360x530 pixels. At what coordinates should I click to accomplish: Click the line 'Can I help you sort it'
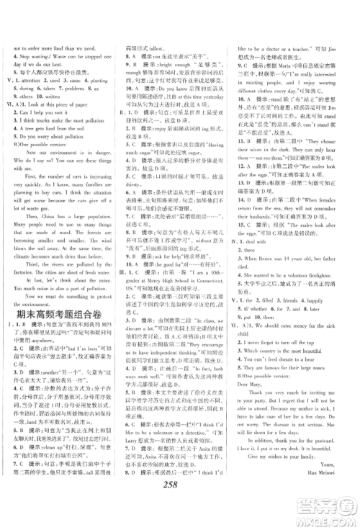pos(51,112)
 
